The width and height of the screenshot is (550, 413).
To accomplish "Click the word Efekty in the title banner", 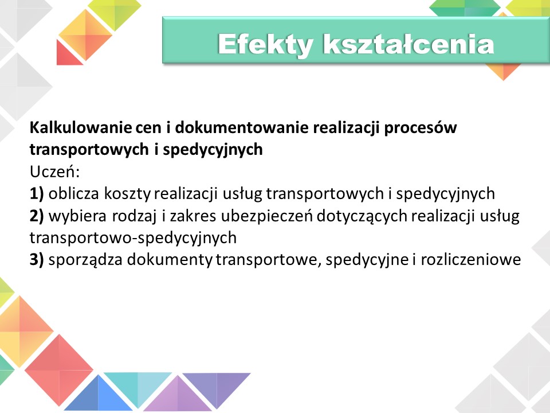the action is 265,45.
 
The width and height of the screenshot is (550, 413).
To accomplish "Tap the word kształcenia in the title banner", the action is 408,44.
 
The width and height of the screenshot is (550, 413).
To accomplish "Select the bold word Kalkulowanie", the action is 80,127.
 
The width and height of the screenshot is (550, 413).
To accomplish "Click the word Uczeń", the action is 55,172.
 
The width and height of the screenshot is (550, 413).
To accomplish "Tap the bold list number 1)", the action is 37,194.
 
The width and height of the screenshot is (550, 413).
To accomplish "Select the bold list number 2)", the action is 37,216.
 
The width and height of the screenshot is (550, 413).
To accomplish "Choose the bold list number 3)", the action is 37,260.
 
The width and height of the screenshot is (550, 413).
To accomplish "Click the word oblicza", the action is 74,194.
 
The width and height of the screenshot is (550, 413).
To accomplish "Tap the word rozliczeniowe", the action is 471,260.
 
